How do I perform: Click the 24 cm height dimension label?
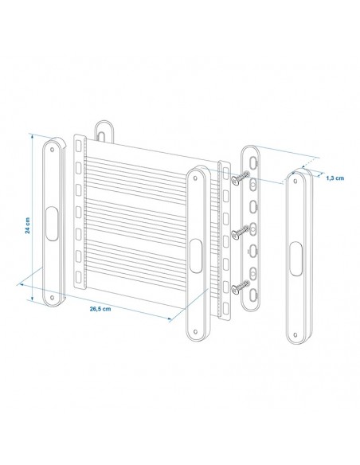point(28,228)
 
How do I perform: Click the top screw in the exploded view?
point(236,181)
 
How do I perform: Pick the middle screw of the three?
point(238,233)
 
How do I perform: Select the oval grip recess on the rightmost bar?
point(295,260)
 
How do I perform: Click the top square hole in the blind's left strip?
point(77,147)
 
